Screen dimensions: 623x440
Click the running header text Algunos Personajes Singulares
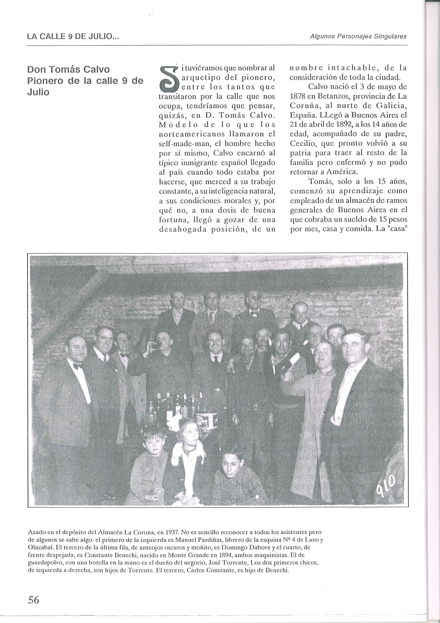click(358, 36)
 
